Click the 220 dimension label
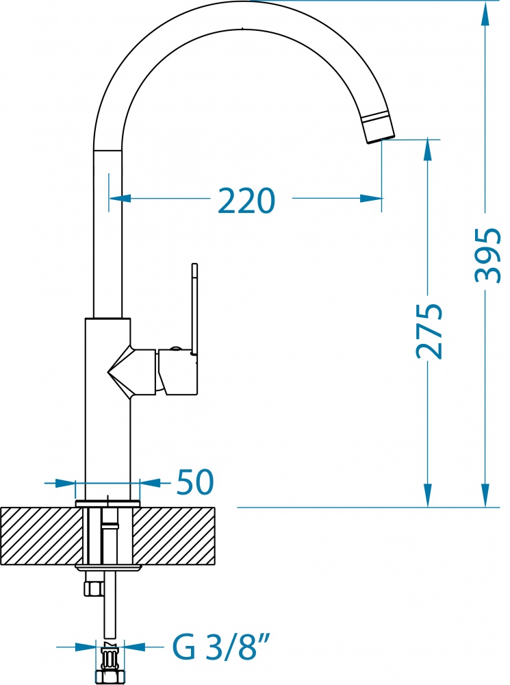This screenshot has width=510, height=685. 246,201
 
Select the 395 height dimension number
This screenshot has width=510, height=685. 487,255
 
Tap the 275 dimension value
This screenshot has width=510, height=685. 429,331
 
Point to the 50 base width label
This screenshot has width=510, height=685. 195,482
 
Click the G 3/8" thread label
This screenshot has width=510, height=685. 221,647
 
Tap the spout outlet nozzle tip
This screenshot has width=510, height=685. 379,129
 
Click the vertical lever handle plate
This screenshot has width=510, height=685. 194,310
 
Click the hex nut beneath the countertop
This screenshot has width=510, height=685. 93,588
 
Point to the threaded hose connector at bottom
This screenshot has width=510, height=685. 110,662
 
